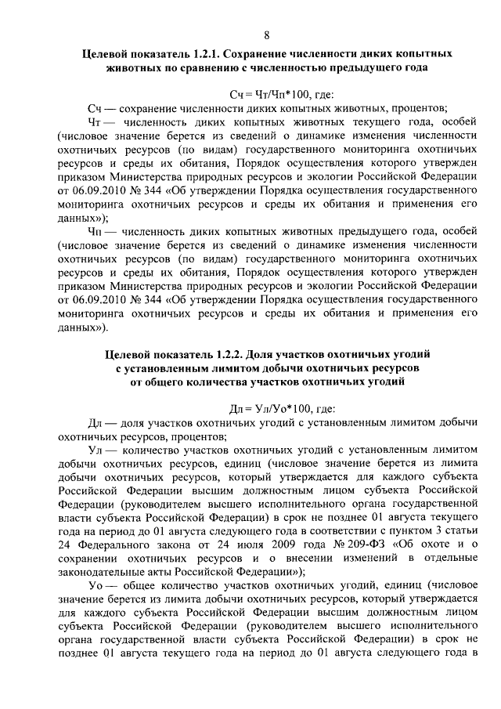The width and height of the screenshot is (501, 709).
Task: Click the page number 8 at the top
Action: [x=266, y=35]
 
